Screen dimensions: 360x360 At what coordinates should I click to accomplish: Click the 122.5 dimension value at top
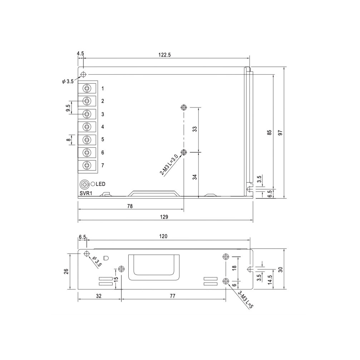(164, 55)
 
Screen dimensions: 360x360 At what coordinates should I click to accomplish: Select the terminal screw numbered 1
(87, 88)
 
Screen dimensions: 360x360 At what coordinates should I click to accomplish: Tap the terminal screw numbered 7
(87, 165)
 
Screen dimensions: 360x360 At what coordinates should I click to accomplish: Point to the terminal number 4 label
(103, 127)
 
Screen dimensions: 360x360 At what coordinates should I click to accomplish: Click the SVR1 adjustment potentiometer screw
(85, 184)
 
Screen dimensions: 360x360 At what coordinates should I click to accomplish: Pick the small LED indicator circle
(93, 184)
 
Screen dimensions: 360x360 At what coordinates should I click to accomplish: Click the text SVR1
(86, 193)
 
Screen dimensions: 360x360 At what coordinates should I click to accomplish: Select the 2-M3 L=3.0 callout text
(169, 165)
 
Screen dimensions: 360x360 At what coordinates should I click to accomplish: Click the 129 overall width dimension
(164, 217)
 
